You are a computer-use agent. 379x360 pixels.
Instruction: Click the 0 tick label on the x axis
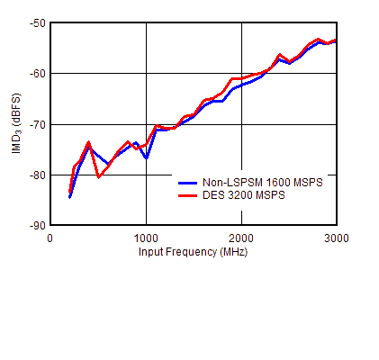tap(50, 237)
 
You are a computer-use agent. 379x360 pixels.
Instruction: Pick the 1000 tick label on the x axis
tap(146, 237)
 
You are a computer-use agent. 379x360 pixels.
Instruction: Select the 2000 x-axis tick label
tap(240, 237)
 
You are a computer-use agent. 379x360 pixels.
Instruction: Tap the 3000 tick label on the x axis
tap(335, 237)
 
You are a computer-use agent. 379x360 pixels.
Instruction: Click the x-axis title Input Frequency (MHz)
tap(193, 251)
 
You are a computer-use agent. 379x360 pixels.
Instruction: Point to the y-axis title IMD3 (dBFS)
tap(17, 124)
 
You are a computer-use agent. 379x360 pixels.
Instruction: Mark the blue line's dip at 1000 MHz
tap(146, 158)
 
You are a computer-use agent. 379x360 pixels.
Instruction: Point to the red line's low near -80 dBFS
tap(98, 176)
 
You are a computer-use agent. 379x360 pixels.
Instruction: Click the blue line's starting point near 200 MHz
tap(69, 197)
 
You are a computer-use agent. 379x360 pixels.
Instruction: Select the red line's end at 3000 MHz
tap(335, 40)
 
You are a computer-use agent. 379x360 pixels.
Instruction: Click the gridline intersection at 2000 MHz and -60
tap(240, 73)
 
